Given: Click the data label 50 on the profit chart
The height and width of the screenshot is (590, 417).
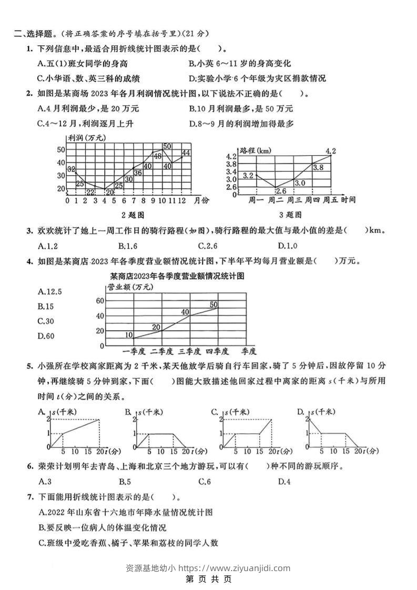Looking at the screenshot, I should (x=167, y=146).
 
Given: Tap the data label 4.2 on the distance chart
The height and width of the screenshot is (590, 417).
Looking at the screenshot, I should (x=330, y=151).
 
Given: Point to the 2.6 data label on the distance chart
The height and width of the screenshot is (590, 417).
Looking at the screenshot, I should (x=281, y=191).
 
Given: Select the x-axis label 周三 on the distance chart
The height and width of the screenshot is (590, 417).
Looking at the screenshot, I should (x=297, y=200).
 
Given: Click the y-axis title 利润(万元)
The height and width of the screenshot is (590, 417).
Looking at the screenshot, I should (x=87, y=138).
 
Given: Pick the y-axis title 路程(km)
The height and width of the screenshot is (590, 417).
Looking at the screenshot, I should (x=256, y=150).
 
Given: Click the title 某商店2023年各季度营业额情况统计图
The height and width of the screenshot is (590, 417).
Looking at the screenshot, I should (x=178, y=275).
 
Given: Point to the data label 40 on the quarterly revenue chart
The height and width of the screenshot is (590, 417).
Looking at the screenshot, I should (x=185, y=312).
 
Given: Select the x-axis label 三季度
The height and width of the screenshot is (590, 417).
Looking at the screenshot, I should (x=189, y=351).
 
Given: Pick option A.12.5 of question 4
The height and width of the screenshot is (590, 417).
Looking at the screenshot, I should (x=50, y=291).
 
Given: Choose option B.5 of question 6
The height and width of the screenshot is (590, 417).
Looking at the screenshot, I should (x=125, y=481).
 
